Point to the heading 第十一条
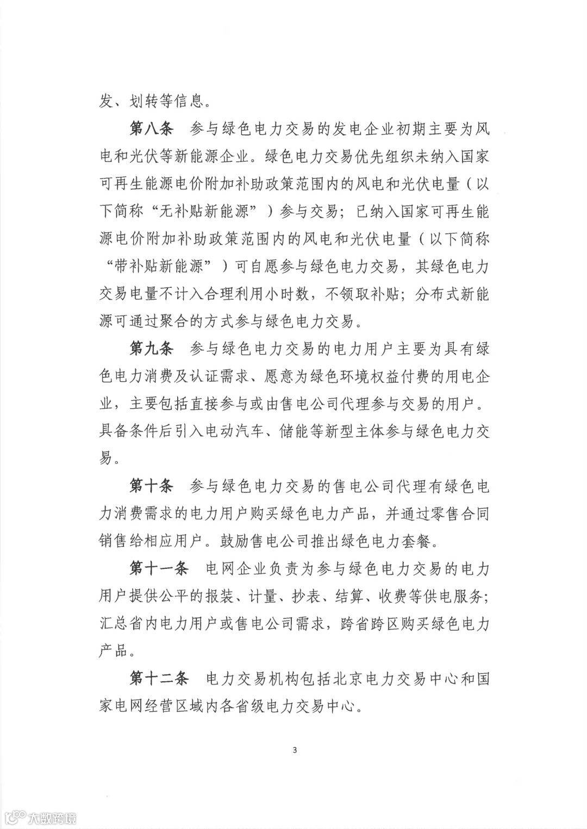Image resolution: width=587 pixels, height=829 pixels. pos(158,568)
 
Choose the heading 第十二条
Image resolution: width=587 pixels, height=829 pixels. pos(158,678)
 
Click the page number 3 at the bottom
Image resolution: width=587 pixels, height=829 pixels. pos(295,751)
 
